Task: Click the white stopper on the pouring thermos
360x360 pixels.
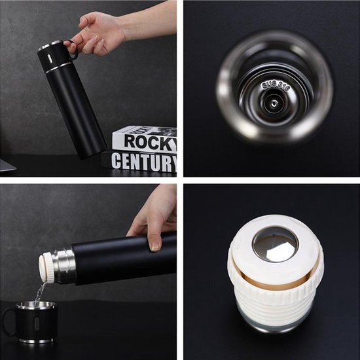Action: pyautogui.click(x=47, y=267)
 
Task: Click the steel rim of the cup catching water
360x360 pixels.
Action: pyautogui.click(x=35, y=304)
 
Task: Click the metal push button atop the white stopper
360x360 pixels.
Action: pyautogui.click(x=275, y=244)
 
